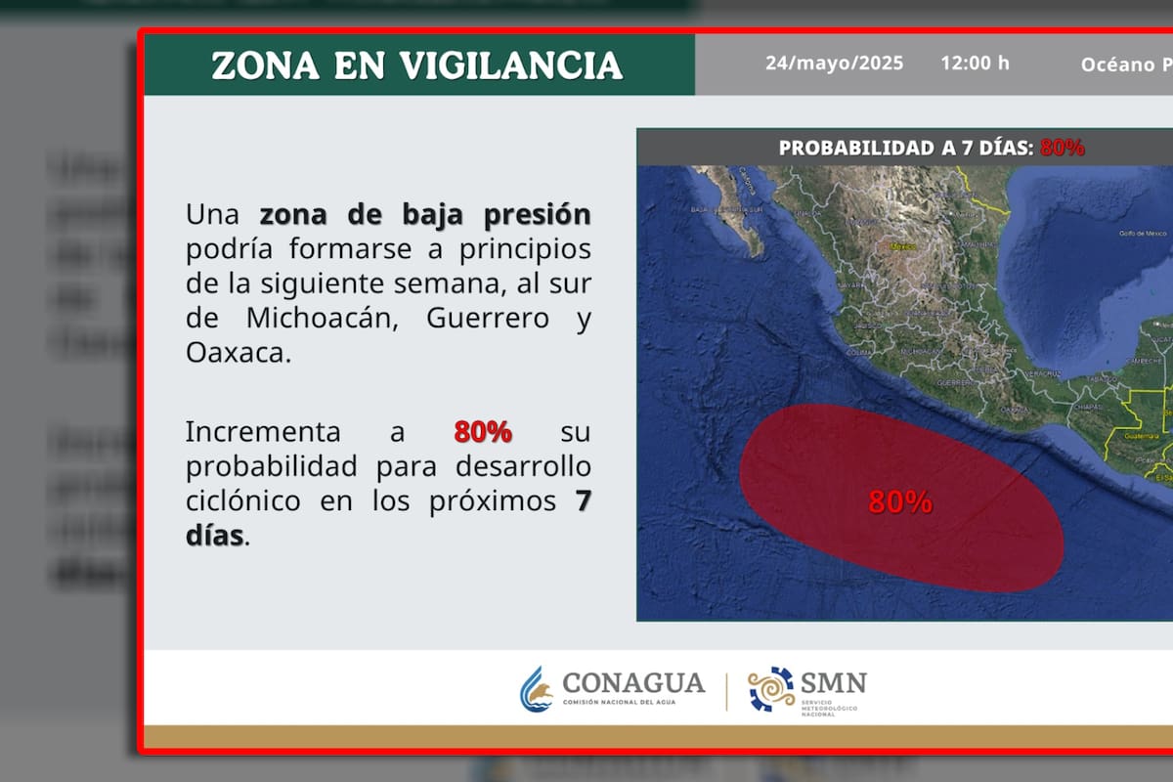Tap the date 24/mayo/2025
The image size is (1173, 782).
pyautogui.click(x=834, y=64)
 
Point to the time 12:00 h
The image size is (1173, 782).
pyautogui.click(x=975, y=64)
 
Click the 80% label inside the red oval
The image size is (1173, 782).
pyautogui.click(x=900, y=502)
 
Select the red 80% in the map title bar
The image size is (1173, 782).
pyautogui.click(x=1063, y=149)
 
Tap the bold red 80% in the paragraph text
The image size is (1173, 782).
pyautogui.click(x=483, y=432)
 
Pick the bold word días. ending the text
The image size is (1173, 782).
pyautogui.click(x=217, y=536)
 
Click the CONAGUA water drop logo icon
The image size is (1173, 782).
pyautogui.click(x=536, y=689)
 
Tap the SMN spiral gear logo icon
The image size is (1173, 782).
pyautogui.click(x=771, y=689)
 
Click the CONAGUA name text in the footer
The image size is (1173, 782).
pyautogui.click(x=633, y=681)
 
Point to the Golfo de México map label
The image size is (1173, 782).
pyautogui.click(x=1144, y=234)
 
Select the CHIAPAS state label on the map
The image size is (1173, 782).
pyautogui.click(x=1082, y=407)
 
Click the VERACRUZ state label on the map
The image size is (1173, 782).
pyautogui.click(x=1042, y=373)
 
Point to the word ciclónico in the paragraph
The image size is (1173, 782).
pyautogui.click(x=242, y=501)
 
